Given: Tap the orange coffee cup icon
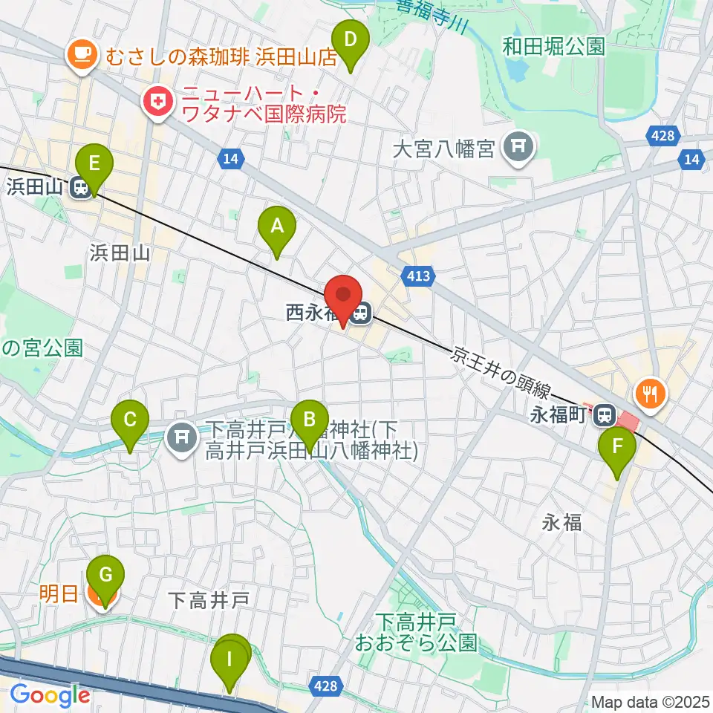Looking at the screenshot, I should click(79, 54).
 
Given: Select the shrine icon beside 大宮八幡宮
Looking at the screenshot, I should click(518, 149).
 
